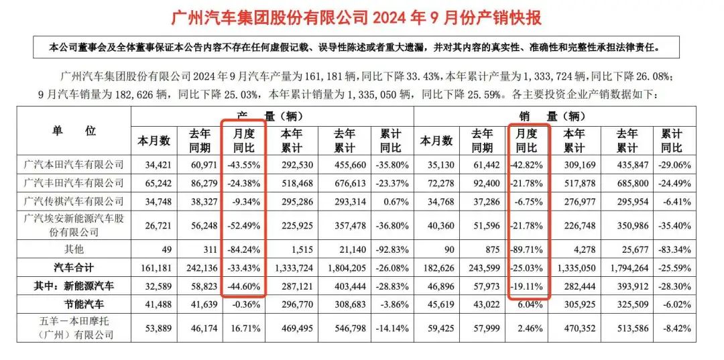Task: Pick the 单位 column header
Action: (73, 131)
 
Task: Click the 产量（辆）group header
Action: (273, 115)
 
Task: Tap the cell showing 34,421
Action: (154, 164)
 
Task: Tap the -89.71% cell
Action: (529, 250)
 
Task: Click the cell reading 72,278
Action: (436, 182)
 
